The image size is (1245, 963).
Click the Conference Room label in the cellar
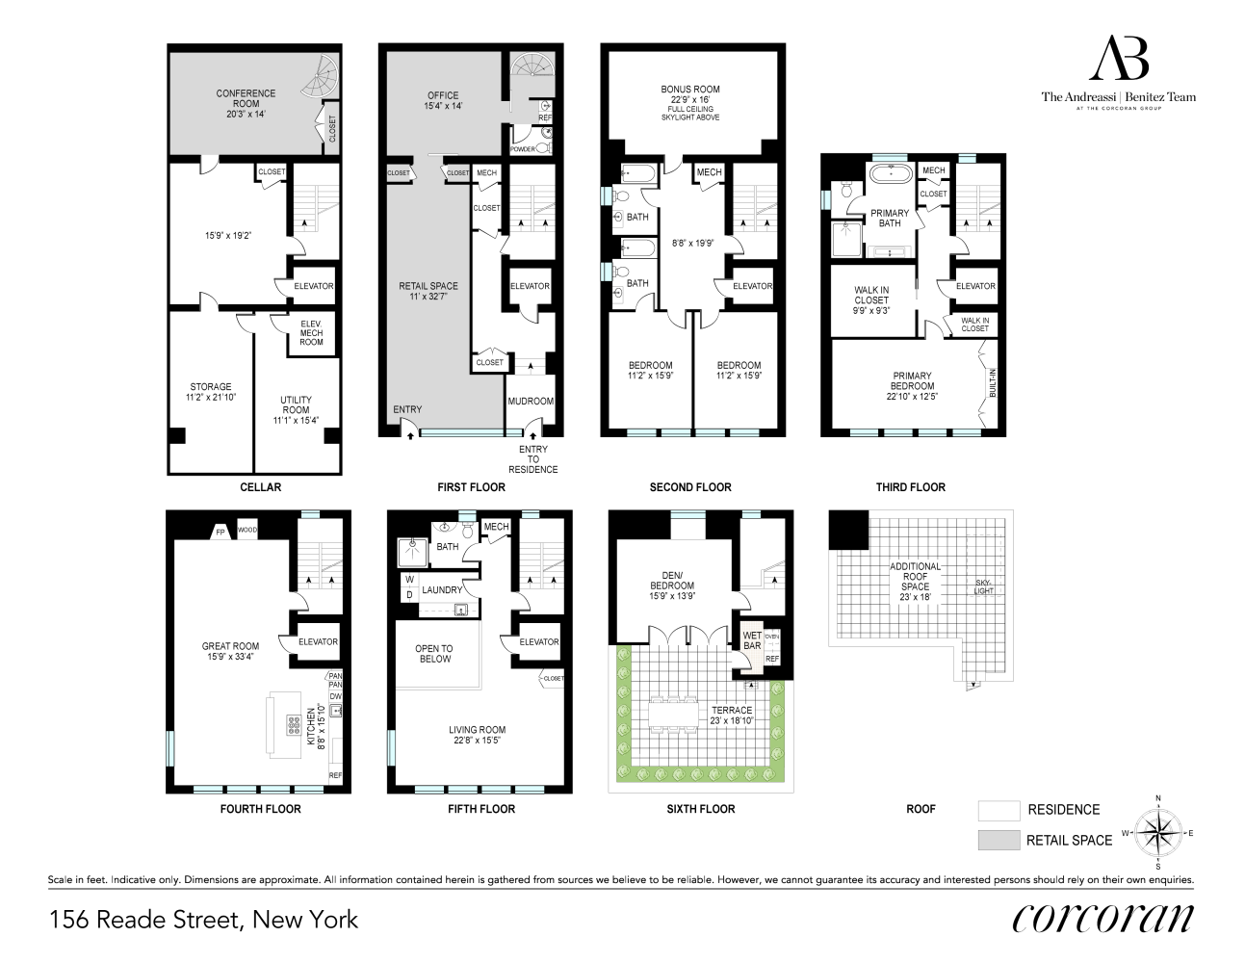tap(246, 103)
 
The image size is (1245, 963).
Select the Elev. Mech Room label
tap(311, 333)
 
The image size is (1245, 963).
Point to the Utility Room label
tap(296, 409)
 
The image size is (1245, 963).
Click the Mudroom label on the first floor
tap(531, 401)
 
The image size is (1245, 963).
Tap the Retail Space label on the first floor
tap(428, 291)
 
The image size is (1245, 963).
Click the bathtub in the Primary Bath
tap(890, 172)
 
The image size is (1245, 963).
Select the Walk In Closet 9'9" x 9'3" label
tap(871, 300)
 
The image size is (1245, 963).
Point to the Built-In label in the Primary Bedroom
tap(993, 382)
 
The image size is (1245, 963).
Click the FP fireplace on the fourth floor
tap(220, 532)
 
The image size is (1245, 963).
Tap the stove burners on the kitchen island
tap(294, 725)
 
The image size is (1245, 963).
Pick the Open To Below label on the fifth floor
tap(434, 654)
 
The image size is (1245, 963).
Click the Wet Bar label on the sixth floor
tap(752, 640)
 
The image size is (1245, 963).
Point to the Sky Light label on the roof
tap(983, 586)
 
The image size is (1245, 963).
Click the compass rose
tap(1158, 832)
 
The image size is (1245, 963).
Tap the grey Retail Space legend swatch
tap(999, 840)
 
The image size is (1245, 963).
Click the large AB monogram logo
tap(1119, 58)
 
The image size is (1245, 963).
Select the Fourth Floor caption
tap(261, 809)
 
